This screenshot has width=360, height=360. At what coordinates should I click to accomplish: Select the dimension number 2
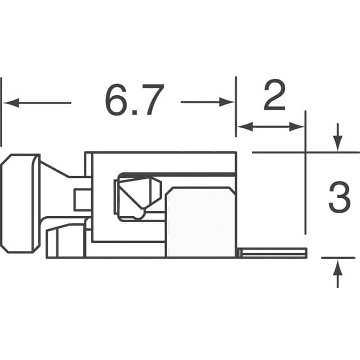pos(274,97)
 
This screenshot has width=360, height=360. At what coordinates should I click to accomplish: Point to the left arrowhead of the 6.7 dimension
pos(10,103)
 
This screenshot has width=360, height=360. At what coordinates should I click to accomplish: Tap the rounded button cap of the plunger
pos(20,202)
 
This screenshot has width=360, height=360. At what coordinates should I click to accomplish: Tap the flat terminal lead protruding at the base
pos(273,253)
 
